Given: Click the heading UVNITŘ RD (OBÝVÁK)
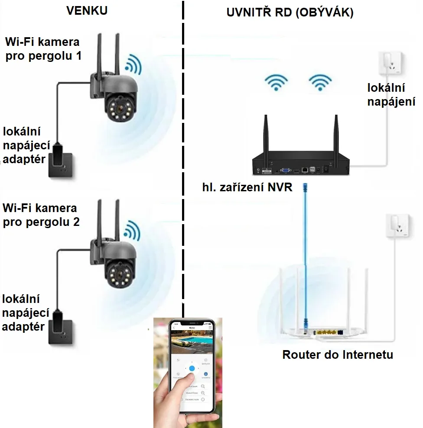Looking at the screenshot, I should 290,13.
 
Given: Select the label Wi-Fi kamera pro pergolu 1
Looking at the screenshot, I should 42,49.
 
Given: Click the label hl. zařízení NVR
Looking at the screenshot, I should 247,187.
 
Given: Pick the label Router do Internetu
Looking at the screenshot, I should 338,355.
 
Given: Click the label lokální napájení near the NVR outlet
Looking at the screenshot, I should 391,95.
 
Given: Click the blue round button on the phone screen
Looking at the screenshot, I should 192,368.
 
